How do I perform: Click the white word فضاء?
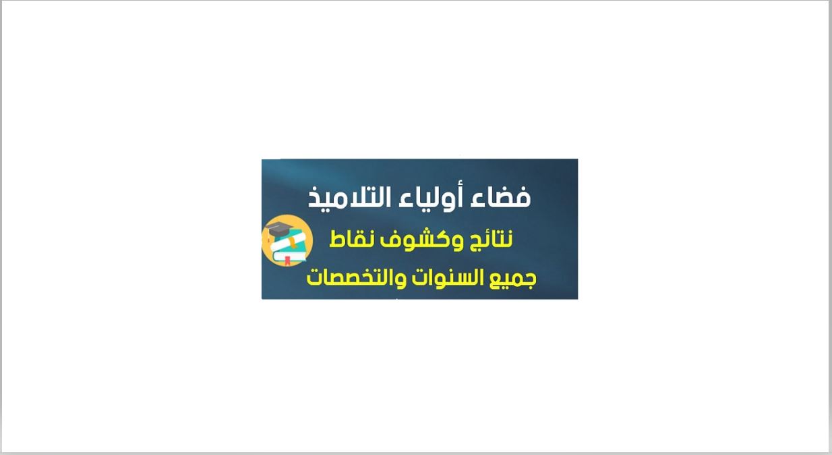(501, 197)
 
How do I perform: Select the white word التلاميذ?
(349, 197)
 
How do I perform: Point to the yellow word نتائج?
(491, 240)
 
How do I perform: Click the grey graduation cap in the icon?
(278, 229)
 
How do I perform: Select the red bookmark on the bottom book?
(287, 261)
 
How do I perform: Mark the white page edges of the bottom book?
(290, 256)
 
